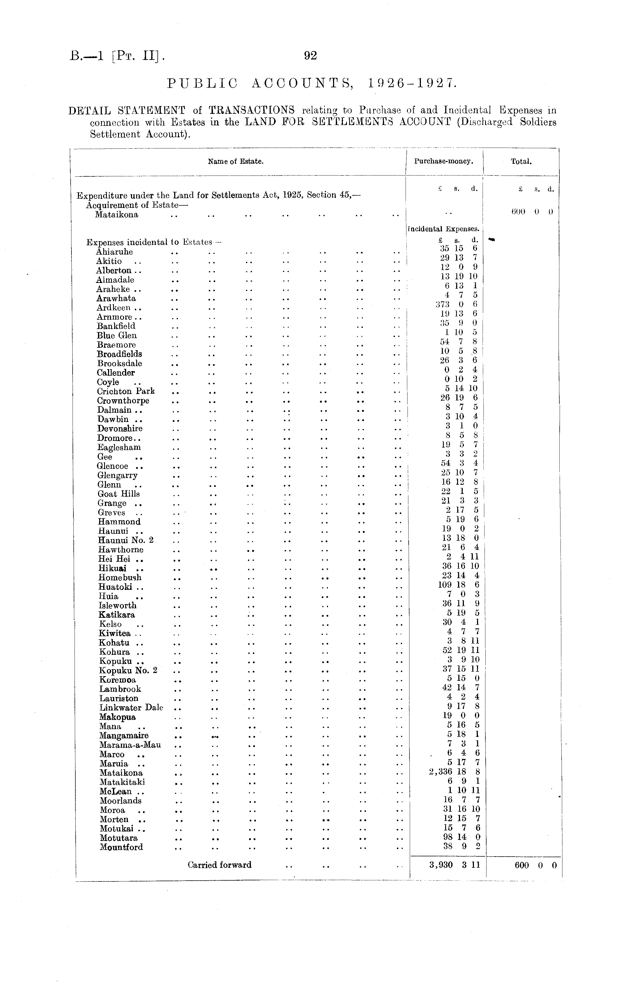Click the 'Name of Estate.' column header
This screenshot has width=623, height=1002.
pyautogui.click(x=236, y=162)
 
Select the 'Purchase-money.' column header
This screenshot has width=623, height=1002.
pyautogui.click(x=443, y=162)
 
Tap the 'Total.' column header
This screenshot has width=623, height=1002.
pyautogui.click(x=521, y=162)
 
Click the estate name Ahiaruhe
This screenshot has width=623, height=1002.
pyautogui.click(x=114, y=252)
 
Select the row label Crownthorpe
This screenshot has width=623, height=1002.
pyautogui.click(x=123, y=401)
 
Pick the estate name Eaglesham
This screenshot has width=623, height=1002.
pyautogui.click(x=119, y=447)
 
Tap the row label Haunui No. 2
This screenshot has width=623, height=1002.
pyautogui.click(x=126, y=540)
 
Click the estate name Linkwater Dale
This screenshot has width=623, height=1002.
pyautogui.click(x=131, y=708)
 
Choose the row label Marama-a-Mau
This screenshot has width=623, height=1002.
pyautogui.click(x=130, y=745)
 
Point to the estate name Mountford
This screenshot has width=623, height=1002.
pyautogui.click(x=121, y=847)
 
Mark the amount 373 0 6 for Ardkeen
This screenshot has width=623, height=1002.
pyautogui.click(x=457, y=304)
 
